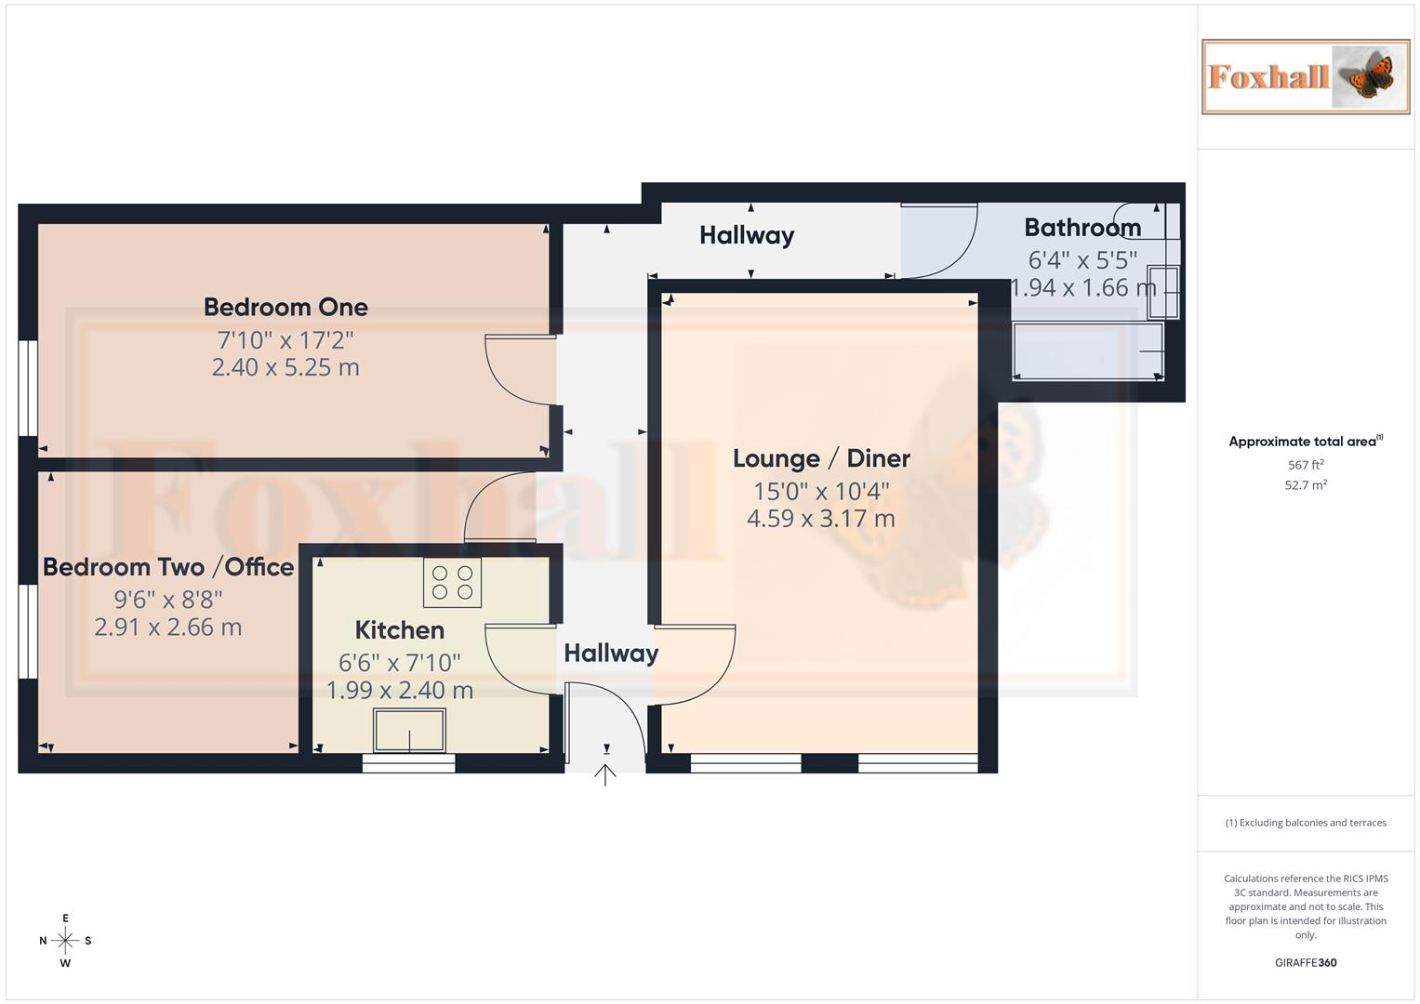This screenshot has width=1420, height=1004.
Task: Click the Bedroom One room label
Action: pyautogui.click(x=285, y=307)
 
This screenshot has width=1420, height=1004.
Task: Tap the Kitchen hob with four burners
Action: pyautogui.click(x=452, y=583)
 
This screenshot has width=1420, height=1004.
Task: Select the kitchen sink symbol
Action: pyautogui.click(x=409, y=730)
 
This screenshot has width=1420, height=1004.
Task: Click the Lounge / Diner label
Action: pyautogui.click(x=821, y=458)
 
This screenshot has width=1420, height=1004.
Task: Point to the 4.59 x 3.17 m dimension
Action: pyautogui.click(x=821, y=519)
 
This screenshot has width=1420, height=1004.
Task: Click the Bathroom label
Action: pyautogui.click(x=1082, y=228)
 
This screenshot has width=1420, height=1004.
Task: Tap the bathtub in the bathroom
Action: pyautogui.click(x=1087, y=350)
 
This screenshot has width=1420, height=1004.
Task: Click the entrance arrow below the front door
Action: pyautogui.click(x=605, y=774)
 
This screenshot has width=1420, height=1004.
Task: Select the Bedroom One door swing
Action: pyautogui.click(x=520, y=371)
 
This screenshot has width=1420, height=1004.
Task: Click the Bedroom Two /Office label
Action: pyautogui.click(x=168, y=567)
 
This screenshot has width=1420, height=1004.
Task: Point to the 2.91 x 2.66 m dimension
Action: pyautogui.click(x=168, y=627)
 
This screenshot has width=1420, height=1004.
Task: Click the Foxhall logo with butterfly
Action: pyautogui.click(x=1306, y=77)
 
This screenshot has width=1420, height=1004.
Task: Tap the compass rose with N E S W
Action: pyautogui.click(x=65, y=941)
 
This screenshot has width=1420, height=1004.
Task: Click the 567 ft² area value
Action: pyautogui.click(x=1306, y=465)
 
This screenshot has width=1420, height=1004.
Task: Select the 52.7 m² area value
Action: pyautogui.click(x=1306, y=485)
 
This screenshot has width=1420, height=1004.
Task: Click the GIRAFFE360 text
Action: pyautogui.click(x=1306, y=963)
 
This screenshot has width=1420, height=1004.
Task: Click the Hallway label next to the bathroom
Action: pyautogui.click(x=747, y=235)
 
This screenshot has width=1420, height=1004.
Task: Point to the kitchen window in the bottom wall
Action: pyautogui.click(x=408, y=763)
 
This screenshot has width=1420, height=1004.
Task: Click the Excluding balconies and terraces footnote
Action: pyautogui.click(x=1306, y=823)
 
